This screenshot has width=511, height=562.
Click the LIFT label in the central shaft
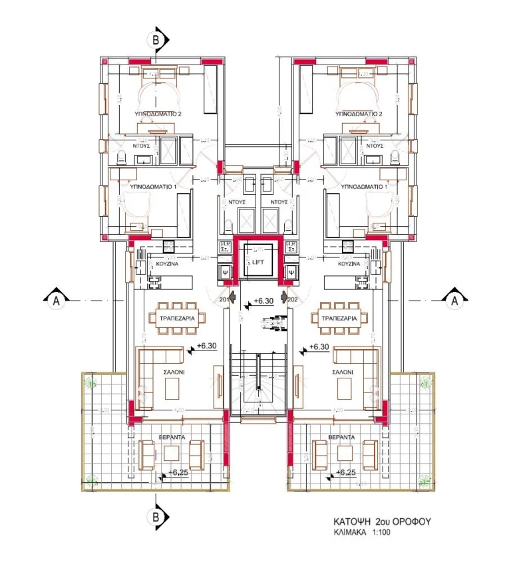[258, 263]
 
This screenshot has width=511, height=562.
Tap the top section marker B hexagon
[156, 40]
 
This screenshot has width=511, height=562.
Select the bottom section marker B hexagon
[156, 515]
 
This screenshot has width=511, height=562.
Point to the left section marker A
[57, 300]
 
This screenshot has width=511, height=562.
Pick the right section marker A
[455, 300]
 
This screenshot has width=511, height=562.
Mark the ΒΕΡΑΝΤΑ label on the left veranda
[172, 438]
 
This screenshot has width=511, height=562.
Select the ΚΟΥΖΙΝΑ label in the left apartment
[165, 264]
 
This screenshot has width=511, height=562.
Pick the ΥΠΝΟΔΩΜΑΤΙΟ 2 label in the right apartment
[359, 114]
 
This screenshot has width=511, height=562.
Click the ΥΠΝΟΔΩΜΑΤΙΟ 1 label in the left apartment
[158, 188]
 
